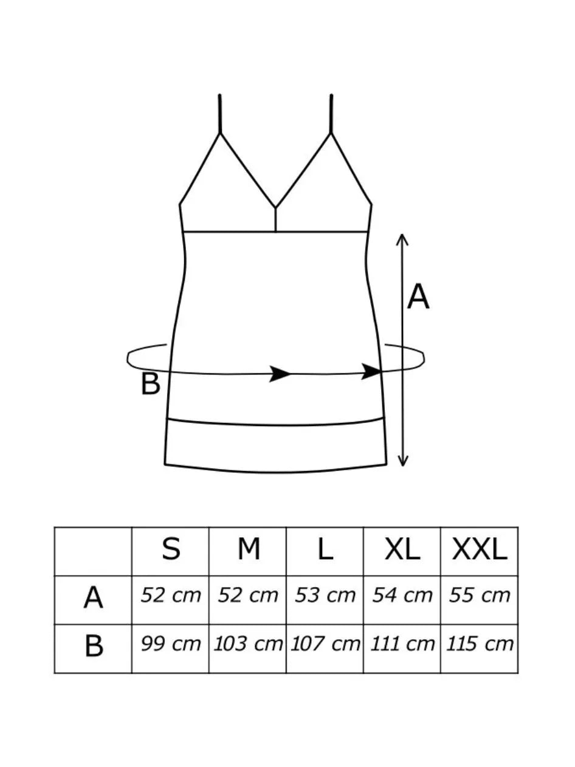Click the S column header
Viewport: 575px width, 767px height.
coord(171,550)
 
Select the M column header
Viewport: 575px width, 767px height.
coord(248,550)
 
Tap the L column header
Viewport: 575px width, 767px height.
coord(325,550)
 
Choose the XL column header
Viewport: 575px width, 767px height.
coord(402,550)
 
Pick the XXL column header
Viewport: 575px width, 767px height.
coord(480,550)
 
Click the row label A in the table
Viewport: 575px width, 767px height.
coord(93,599)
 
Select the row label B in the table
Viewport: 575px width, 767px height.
coord(94,647)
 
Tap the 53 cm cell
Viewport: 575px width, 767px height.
coord(325,596)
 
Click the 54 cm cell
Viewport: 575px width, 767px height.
coord(402,596)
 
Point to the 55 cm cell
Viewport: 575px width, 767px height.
coord(480,596)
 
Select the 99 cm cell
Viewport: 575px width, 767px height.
coord(171,644)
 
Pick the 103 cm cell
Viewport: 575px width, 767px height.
coord(248,644)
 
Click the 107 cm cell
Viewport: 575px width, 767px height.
coord(325,644)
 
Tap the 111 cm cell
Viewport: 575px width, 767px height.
coord(402,644)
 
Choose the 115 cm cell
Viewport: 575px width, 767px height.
coord(480,644)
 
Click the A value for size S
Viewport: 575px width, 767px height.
coord(171,596)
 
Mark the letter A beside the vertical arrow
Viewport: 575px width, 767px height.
coord(418,298)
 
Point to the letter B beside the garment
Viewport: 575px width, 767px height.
coord(150,385)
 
